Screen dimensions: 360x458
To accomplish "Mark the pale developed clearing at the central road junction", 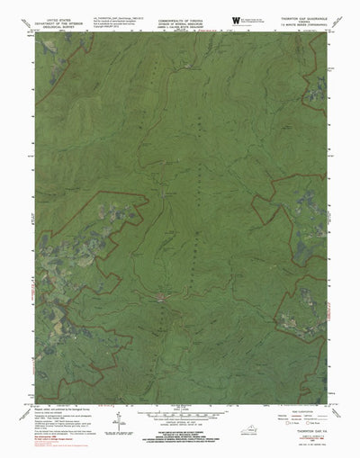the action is pos(161,294).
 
